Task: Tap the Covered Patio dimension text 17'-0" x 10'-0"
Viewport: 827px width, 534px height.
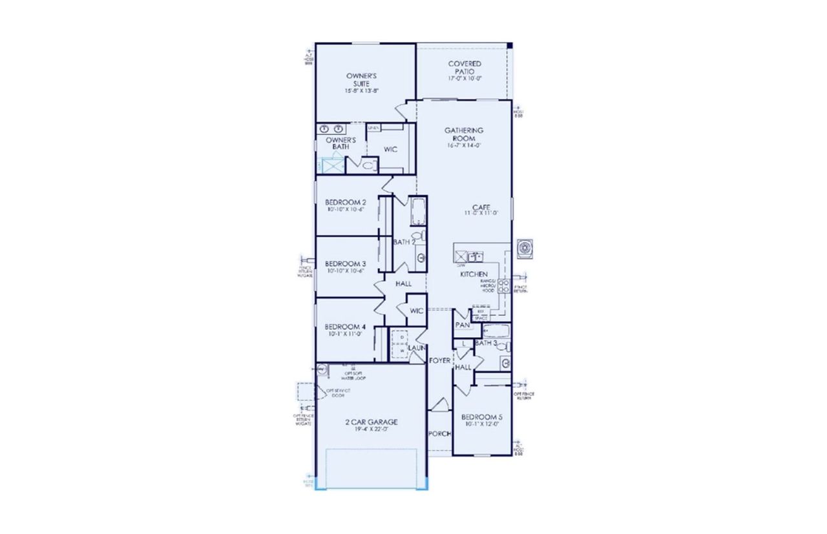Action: click(x=465, y=78)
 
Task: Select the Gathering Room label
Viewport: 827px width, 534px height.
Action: click(x=464, y=134)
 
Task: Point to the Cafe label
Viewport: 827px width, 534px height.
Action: click(x=481, y=207)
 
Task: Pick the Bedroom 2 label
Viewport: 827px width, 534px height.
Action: click(x=346, y=202)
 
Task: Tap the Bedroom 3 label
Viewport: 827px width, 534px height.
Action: click(x=346, y=263)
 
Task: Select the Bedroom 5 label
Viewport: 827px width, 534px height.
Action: click(x=483, y=416)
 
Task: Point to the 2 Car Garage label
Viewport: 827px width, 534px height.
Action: click(x=371, y=422)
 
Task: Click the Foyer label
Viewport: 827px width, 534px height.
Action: click(x=439, y=360)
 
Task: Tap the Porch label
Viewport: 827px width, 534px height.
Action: click(x=439, y=433)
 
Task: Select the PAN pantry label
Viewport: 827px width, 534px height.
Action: click(x=462, y=325)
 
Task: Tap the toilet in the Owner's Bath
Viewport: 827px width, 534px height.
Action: click(x=368, y=165)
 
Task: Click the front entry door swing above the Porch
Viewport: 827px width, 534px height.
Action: click(x=439, y=406)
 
